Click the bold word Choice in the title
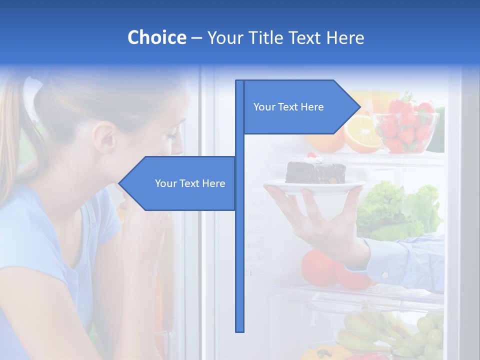tap(156, 37)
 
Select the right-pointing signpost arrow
tap(300, 107)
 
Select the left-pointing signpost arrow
tap(177, 183)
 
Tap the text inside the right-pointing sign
tap(288, 107)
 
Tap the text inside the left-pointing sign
tap(190, 183)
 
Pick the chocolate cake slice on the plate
tap(315, 172)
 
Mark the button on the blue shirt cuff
tap(385, 273)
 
